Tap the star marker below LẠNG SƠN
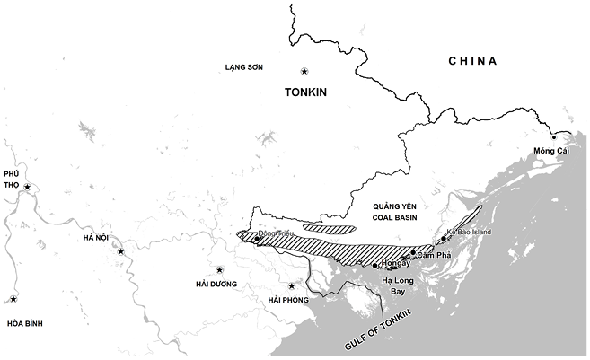[304, 72]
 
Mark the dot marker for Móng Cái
[554, 137]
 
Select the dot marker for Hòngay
[374, 266]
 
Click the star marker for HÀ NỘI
[120, 252]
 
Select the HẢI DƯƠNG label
[220, 284]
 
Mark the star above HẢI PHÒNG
[292, 286]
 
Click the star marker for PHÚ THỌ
[28, 188]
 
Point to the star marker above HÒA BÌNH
[13, 300]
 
